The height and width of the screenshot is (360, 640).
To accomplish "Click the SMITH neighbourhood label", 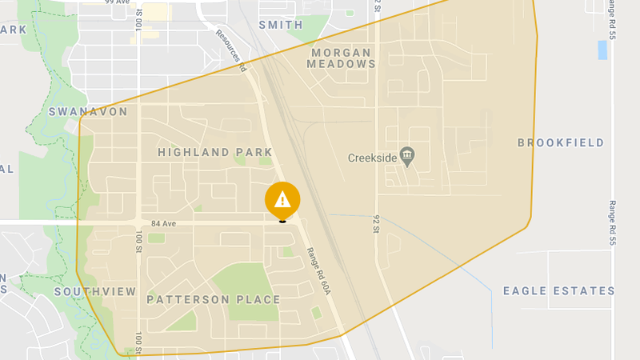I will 280,25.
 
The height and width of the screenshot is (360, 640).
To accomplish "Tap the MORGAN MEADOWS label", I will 340,58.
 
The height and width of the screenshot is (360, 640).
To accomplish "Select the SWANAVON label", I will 88,112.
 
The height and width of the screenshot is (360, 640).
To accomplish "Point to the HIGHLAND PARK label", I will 215,152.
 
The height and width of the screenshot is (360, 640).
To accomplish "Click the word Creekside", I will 372,158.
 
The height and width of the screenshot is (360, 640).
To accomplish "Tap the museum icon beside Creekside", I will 406,155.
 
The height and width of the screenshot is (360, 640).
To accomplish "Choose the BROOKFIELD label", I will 560,143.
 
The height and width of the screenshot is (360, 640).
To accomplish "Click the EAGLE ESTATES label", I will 558,291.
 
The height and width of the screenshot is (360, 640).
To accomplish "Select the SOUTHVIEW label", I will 95,292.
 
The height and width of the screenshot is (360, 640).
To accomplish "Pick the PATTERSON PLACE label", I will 214,300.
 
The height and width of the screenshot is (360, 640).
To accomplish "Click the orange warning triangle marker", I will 282,200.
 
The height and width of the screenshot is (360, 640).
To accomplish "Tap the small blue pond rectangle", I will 602,50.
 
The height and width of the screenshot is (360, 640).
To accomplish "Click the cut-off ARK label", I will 14,30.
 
